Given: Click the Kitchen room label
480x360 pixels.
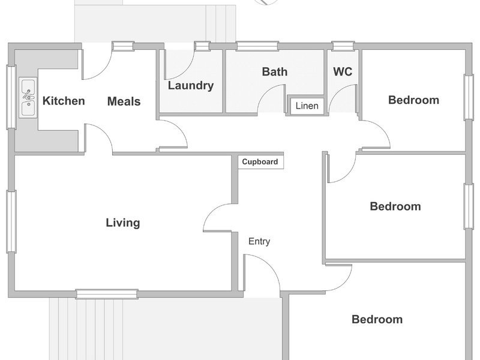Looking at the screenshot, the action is (64, 101).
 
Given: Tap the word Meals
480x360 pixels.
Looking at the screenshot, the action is (124, 101).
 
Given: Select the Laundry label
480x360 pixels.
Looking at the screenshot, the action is (191, 85).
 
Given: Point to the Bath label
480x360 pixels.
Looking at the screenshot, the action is (275, 71).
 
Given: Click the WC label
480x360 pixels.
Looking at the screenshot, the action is (343, 71).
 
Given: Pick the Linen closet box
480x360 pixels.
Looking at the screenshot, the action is (307, 106).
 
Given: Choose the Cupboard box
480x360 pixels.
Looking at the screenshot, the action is (260, 161).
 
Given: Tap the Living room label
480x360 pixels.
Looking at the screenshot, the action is (123, 223).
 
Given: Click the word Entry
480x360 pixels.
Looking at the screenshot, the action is (259, 241).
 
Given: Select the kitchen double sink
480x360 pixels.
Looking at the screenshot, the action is (28, 97).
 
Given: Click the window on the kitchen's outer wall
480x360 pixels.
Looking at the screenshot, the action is (11, 97).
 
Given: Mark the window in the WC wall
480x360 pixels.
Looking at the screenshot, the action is (343, 46).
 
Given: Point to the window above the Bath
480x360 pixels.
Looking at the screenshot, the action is (257, 46).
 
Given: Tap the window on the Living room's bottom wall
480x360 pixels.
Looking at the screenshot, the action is (107, 294).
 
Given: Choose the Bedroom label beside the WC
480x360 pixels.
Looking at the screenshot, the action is (413, 100).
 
